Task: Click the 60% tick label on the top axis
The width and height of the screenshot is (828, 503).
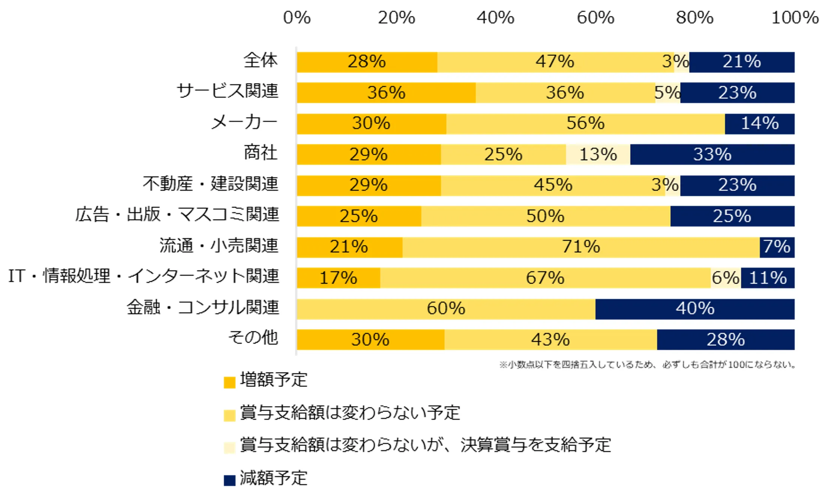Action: click(x=595, y=18)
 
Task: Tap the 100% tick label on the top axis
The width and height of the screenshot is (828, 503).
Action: click(x=795, y=18)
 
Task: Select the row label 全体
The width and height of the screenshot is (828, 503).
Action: click(x=261, y=60)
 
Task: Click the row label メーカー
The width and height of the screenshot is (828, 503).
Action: click(x=244, y=122)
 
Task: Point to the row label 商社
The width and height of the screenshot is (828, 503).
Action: click(x=261, y=153)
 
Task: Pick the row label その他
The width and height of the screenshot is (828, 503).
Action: click(x=253, y=337)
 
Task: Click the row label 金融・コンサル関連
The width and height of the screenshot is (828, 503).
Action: click(x=203, y=307)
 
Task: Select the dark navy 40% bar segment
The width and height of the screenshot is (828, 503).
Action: click(x=695, y=309)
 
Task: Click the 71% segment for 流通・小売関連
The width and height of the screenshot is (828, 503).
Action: click(x=581, y=247)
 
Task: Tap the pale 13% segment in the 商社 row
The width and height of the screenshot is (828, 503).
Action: click(x=598, y=154)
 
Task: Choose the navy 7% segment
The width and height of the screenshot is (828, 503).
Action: click(x=777, y=247)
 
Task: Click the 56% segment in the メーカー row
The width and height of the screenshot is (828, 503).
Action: click(x=585, y=123)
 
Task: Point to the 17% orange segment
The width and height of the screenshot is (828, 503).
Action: click(x=338, y=278)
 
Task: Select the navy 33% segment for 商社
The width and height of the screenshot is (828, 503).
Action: click(x=712, y=154)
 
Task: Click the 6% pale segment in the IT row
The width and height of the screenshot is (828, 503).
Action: click(x=725, y=278)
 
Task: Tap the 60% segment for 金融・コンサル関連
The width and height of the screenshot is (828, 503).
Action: click(x=446, y=309)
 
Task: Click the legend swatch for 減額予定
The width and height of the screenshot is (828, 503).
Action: click(x=229, y=480)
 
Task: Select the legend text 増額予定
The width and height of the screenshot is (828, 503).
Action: click(x=274, y=380)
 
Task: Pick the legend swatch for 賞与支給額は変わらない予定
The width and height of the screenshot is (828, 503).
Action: click(x=229, y=415)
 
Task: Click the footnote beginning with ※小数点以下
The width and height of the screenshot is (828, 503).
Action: click(x=647, y=364)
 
